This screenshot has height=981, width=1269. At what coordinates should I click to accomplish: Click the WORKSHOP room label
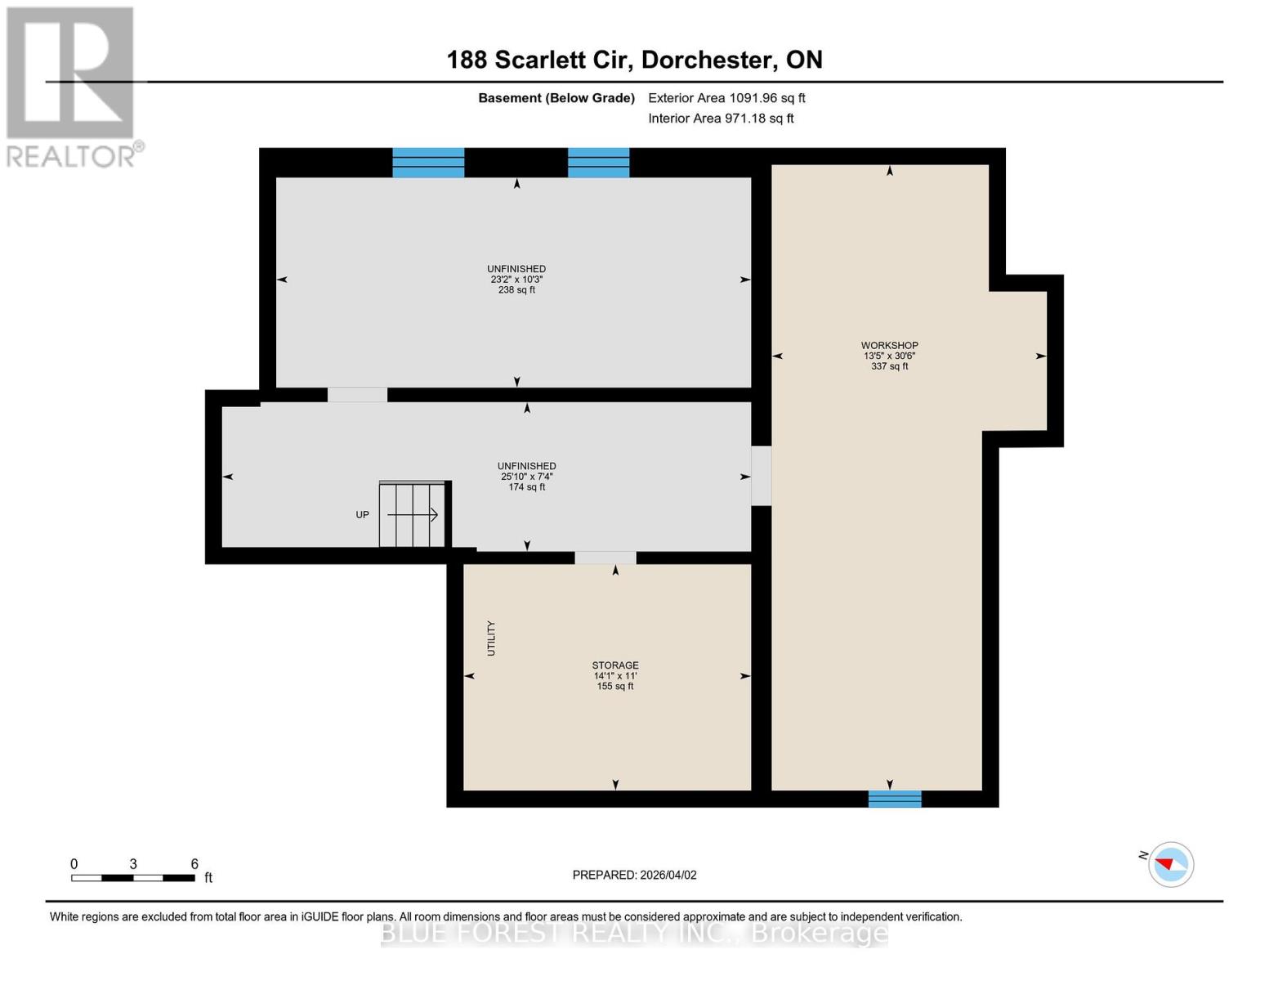(x=889, y=346)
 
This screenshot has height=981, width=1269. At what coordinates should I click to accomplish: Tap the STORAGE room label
(x=614, y=665)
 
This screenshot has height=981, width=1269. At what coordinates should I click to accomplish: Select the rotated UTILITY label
(x=491, y=638)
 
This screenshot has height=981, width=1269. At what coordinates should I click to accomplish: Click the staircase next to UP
(x=413, y=514)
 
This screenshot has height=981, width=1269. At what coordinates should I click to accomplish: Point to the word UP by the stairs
(x=362, y=515)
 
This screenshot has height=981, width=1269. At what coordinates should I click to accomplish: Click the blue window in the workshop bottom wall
(x=894, y=799)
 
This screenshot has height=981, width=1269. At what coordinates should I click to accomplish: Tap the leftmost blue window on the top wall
(x=428, y=163)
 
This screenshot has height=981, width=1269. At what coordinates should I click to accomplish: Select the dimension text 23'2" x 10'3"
(x=516, y=280)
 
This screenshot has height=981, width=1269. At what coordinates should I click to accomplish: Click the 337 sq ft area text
(x=889, y=367)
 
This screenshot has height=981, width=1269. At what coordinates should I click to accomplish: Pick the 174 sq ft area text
(x=526, y=487)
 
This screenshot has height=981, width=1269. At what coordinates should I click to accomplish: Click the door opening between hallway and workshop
(x=761, y=476)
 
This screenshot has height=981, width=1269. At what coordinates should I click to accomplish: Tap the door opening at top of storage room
(x=605, y=558)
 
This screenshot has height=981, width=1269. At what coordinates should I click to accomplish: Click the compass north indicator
(x=1170, y=864)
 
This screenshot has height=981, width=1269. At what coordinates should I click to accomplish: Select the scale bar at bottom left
(x=132, y=878)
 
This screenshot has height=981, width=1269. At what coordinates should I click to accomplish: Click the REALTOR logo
(x=72, y=86)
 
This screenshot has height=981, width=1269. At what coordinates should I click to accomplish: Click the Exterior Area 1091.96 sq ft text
(x=726, y=98)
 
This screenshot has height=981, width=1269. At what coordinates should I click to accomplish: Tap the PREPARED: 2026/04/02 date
(x=634, y=875)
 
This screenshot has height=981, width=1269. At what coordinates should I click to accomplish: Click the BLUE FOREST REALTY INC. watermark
(x=634, y=933)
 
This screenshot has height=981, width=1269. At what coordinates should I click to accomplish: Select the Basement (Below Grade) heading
(x=556, y=98)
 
